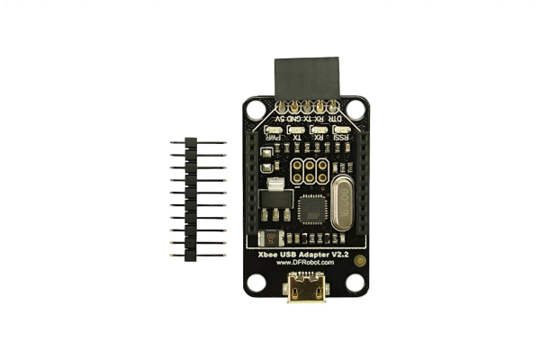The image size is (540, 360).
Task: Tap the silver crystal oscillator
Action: pos(342,205)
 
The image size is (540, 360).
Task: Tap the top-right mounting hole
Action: pos(356,110)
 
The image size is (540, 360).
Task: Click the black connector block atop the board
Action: pos(307,78)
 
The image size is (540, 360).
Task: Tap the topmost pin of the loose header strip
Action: pos(191,143)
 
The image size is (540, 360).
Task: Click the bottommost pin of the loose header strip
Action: pos(191,255)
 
